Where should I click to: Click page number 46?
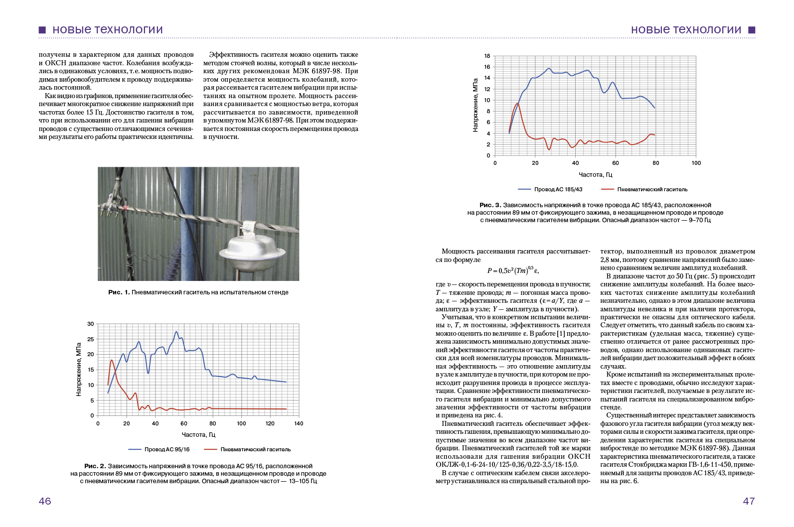click(x=45, y=501)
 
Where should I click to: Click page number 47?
click(x=749, y=501)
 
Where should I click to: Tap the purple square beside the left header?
click(x=42, y=30)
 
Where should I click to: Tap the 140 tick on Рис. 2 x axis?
click(x=299, y=424)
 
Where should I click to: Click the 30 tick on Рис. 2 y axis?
click(x=91, y=324)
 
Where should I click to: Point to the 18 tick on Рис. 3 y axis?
click(x=487, y=56)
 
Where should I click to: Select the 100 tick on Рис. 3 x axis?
click(x=696, y=163)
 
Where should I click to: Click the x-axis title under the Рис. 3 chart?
click(x=595, y=175)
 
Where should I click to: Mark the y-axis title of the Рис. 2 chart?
click(x=79, y=369)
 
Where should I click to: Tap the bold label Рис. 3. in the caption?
click(x=490, y=205)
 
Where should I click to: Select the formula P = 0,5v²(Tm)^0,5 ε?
click(x=513, y=270)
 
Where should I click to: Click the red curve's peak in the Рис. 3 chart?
click(x=517, y=104)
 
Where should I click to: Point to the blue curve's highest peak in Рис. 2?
click(x=176, y=332)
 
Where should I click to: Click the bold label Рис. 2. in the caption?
click(x=95, y=466)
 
